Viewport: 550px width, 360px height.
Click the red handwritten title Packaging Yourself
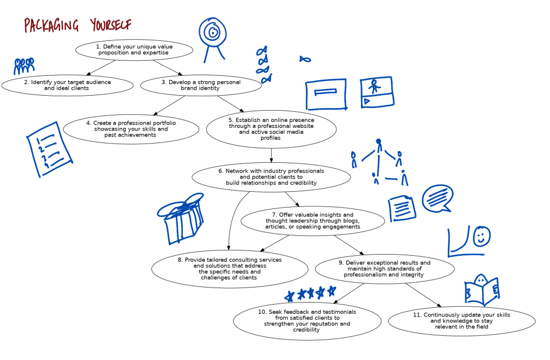(x=77, y=25)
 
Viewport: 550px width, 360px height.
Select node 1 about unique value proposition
(x=134, y=50)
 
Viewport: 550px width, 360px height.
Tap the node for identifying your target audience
(x=67, y=85)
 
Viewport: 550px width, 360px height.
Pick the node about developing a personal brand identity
(x=201, y=85)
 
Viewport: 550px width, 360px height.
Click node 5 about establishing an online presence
(x=271, y=129)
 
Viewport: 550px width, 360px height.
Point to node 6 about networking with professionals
(x=271, y=177)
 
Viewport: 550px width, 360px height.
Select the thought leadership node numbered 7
(x=313, y=221)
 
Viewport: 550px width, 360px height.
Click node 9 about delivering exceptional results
(x=384, y=269)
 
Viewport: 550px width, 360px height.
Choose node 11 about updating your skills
(x=461, y=321)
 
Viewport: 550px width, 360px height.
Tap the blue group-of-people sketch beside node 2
(x=24, y=66)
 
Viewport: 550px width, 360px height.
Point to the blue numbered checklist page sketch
(x=49, y=149)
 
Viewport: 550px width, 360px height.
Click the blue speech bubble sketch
(x=437, y=199)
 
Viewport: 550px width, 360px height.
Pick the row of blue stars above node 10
(x=311, y=293)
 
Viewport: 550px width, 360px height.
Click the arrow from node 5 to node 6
(x=271, y=155)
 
